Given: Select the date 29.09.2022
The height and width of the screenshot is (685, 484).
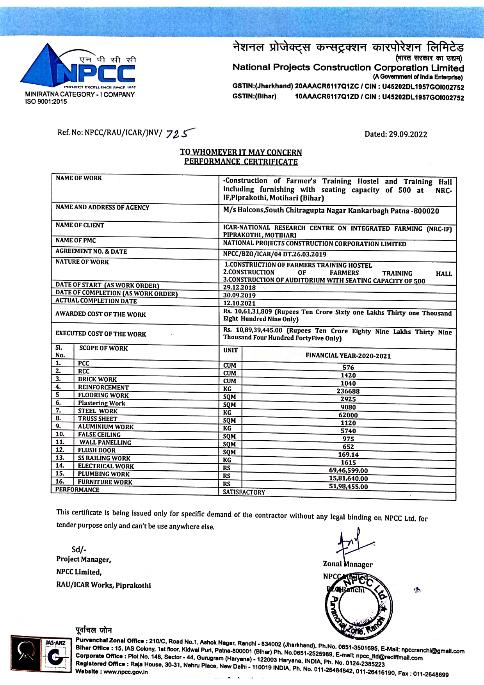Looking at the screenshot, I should click(x=407, y=134).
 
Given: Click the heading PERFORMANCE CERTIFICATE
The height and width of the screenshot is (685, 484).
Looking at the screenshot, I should click(x=241, y=162).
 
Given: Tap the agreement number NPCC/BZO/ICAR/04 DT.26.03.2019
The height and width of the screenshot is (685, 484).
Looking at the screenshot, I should click(x=274, y=254).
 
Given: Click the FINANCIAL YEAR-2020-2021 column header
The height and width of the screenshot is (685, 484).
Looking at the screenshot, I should click(x=348, y=356).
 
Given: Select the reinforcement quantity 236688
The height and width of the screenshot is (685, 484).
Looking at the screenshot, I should click(x=348, y=391).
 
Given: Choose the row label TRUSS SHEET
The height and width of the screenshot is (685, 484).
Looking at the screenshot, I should click(x=97, y=419).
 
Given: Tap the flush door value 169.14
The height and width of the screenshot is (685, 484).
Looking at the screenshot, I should click(x=348, y=455).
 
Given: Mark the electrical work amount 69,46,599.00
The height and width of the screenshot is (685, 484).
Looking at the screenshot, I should click(x=348, y=471).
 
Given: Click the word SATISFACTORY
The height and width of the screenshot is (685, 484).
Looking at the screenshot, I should click(x=244, y=493).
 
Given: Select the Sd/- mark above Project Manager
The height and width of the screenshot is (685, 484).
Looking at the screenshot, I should click(x=79, y=550).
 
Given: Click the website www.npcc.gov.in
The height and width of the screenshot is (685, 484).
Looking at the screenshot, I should click(x=125, y=672).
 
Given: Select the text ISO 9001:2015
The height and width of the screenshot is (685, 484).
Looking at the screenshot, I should click(x=46, y=102).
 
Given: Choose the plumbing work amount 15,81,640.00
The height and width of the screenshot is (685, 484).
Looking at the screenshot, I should click(x=348, y=479).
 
